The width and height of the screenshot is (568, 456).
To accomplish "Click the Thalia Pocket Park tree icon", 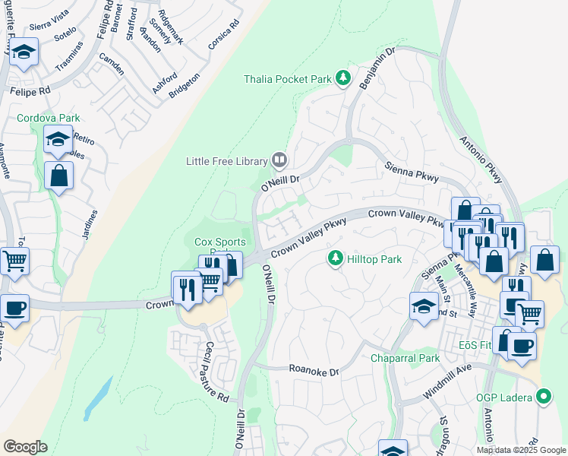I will [x=343, y=78].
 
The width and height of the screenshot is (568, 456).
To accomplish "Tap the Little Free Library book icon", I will [x=279, y=160].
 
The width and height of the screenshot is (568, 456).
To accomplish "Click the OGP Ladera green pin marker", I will [x=543, y=396].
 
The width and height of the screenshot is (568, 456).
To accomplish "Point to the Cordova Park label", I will [x=49, y=118].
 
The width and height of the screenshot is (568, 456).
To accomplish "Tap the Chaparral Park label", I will [x=405, y=358].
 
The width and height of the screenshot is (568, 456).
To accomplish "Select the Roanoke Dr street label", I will [x=313, y=369].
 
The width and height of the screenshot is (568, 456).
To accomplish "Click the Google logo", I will [x=25, y=447].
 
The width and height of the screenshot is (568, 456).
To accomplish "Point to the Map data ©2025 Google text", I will [x=521, y=450].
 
